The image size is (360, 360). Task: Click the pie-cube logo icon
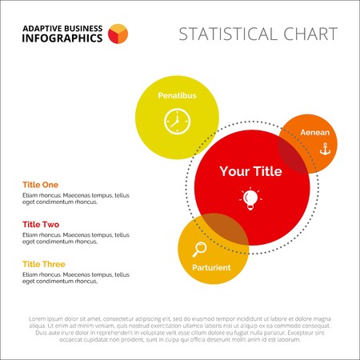pyautogui.click(x=118, y=33)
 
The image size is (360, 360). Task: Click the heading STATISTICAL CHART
pyautogui.click(x=258, y=34)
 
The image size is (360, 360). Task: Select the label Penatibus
pyautogui.click(x=177, y=95)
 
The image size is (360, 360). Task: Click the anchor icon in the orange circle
pyautogui.click(x=325, y=149)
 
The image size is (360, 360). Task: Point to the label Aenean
pyautogui.click(x=314, y=132)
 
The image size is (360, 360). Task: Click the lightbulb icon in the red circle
pyautogui.click(x=251, y=198)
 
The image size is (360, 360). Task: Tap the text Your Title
pyautogui.click(x=251, y=171)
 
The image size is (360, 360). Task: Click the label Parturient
pyautogui.click(x=211, y=267)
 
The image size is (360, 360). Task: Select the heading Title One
pyautogui.click(x=40, y=184)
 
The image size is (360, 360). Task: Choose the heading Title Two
pyautogui.click(x=40, y=224)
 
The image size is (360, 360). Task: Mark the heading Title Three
pyautogui.click(x=43, y=264)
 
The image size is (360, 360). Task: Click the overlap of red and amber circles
pyautogui.click(x=223, y=230)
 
